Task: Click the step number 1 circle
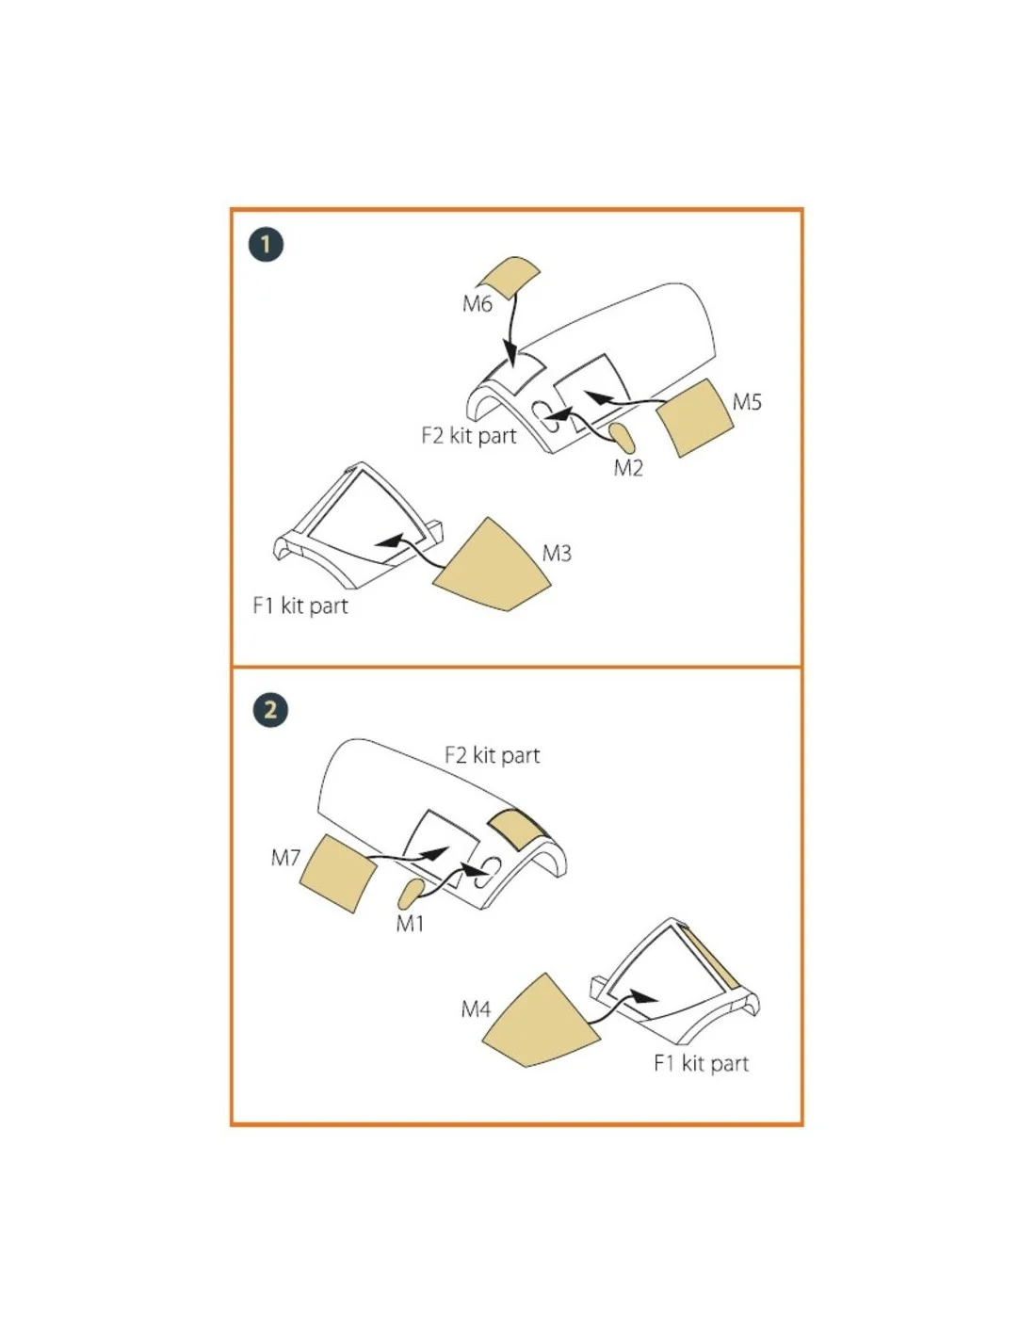pyautogui.click(x=267, y=245)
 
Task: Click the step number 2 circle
pyautogui.click(x=270, y=710)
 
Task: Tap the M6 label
pyautogui.click(x=477, y=304)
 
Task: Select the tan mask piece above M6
pyautogui.click(x=510, y=277)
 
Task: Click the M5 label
pyautogui.click(x=747, y=402)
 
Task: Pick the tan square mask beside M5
pyautogui.click(x=694, y=418)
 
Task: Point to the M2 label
pyautogui.click(x=628, y=468)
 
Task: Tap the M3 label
pyautogui.click(x=557, y=554)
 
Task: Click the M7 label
pyautogui.click(x=285, y=857)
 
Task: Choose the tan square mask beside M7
pyautogui.click(x=338, y=874)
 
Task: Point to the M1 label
pyautogui.click(x=410, y=924)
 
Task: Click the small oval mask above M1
pyautogui.click(x=411, y=894)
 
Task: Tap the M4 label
pyautogui.click(x=476, y=1009)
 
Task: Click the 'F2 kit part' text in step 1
pyautogui.click(x=468, y=436)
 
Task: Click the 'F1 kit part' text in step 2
pyautogui.click(x=702, y=1063)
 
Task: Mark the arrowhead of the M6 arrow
pyautogui.click(x=510, y=356)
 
